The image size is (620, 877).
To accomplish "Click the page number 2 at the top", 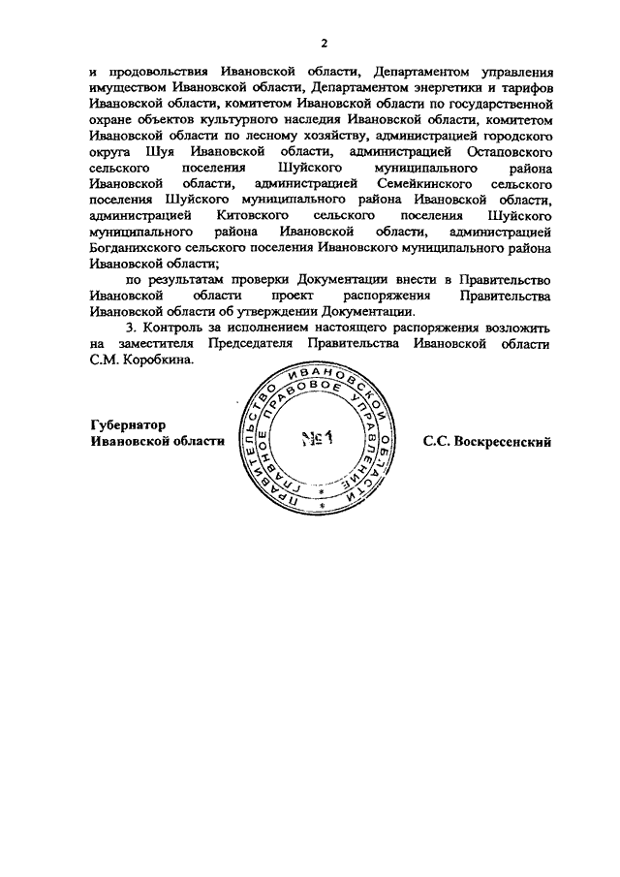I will (x=325, y=42).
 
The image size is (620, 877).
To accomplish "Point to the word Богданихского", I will (x=133, y=246).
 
